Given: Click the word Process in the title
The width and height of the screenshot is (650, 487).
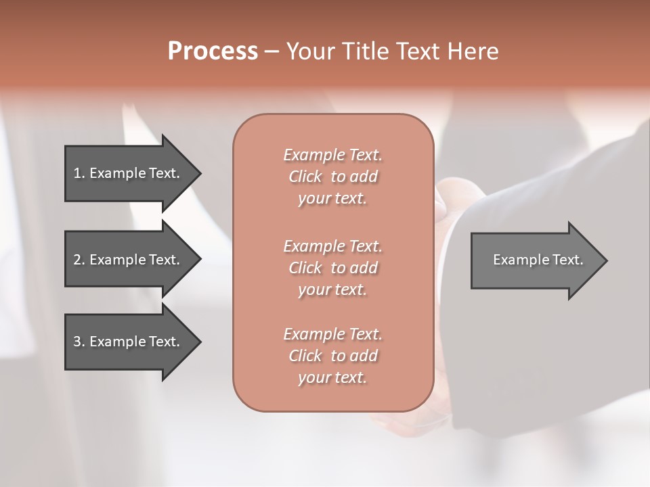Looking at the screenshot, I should (x=213, y=51).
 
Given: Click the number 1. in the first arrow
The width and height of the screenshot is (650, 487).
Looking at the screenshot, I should (x=79, y=173).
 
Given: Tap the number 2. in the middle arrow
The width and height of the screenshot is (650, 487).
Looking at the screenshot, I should (x=79, y=260).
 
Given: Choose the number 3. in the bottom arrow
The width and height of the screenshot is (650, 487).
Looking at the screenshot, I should (x=79, y=342).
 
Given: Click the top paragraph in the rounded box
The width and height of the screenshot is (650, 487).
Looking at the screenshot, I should (x=332, y=177).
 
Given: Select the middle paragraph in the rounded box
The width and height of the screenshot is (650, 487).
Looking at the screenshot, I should (x=332, y=268).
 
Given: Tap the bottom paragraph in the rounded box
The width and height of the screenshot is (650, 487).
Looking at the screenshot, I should (x=332, y=356).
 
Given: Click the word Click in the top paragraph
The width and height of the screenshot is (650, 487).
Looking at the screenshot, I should (x=305, y=177).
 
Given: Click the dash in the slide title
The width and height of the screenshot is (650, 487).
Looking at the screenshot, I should (x=272, y=52).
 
